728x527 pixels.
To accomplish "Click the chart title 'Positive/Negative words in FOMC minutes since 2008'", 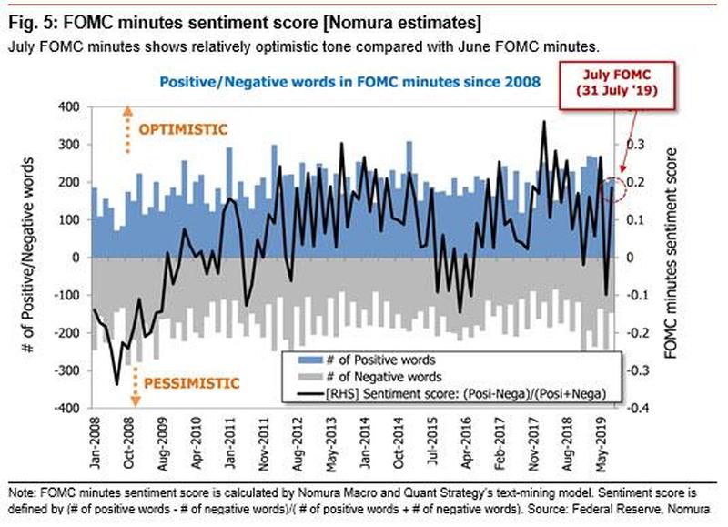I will point(350,82).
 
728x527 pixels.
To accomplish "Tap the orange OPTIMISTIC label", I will point(183,129).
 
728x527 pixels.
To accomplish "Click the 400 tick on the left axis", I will point(69,107).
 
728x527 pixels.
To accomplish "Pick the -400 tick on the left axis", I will point(67,410).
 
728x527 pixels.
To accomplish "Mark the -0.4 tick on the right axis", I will point(639,410).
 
